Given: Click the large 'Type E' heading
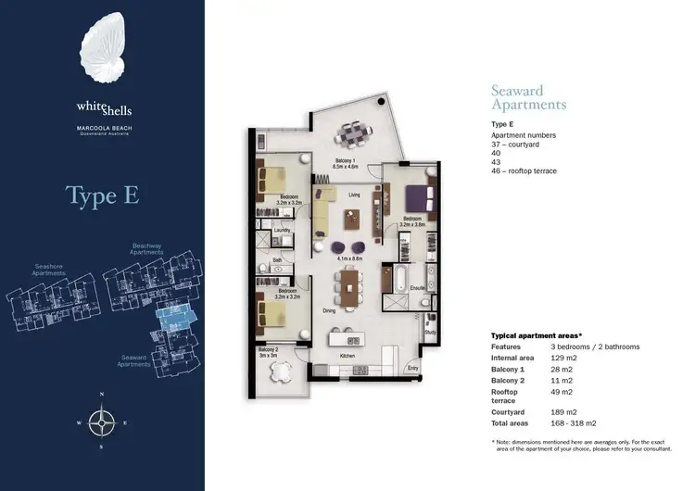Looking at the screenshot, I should click(103, 196).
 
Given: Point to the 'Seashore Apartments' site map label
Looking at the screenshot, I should click(48, 271).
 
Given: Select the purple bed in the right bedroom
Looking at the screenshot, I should click(414, 196).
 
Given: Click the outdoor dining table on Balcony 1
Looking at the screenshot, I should click(350, 135).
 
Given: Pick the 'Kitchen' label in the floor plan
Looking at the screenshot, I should click(347, 356).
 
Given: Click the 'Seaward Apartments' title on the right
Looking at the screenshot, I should click(527, 97).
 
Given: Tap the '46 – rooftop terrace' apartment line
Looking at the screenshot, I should click(524, 170).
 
